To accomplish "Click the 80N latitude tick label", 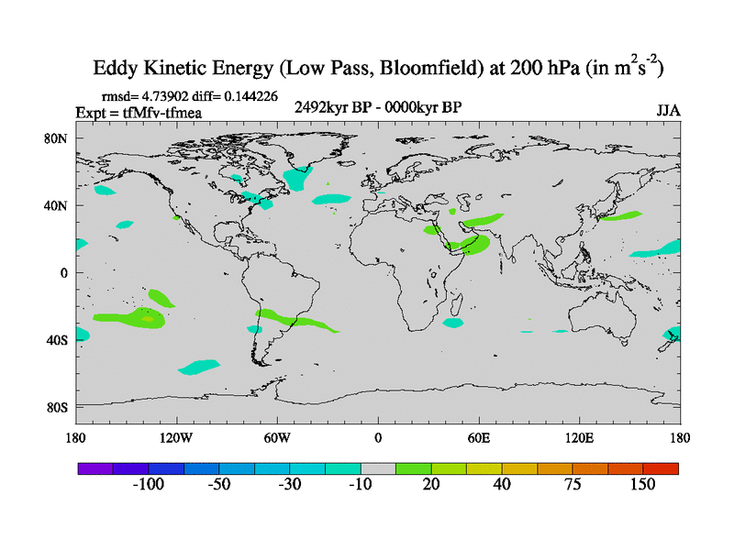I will point(57,138).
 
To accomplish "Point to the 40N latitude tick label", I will point(57,205).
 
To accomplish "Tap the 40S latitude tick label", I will point(57,339).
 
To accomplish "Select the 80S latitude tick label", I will point(57,406).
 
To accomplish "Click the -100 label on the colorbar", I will point(147,484).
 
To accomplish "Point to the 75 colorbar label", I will point(573,484).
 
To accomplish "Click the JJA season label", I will point(668,110).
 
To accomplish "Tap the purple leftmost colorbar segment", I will point(95,467).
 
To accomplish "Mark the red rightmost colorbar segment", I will point(661,467).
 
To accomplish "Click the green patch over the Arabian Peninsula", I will point(473,245).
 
